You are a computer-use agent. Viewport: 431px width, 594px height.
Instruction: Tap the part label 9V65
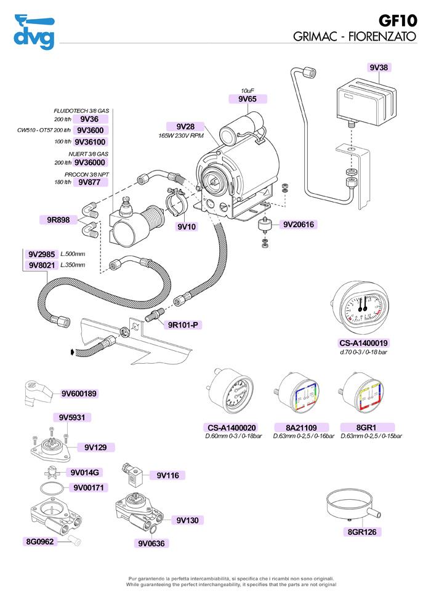pyautogui.click(x=248, y=98)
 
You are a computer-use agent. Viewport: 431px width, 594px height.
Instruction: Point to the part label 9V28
pyautogui.click(x=185, y=126)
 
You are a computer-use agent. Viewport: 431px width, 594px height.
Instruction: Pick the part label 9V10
pyautogui.click(x=186, y=227)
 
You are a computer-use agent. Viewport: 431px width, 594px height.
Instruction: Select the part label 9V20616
pyautogui.click(x=299, y=225)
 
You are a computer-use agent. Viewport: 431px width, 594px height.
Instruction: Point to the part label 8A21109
pyautogui.click(x=301, y=427)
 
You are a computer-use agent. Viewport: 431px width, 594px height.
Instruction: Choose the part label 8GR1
pyautogui.click(x=366, y=427)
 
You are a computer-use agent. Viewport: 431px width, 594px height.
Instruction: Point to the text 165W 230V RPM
pyautogui.click(x=181, y=135)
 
